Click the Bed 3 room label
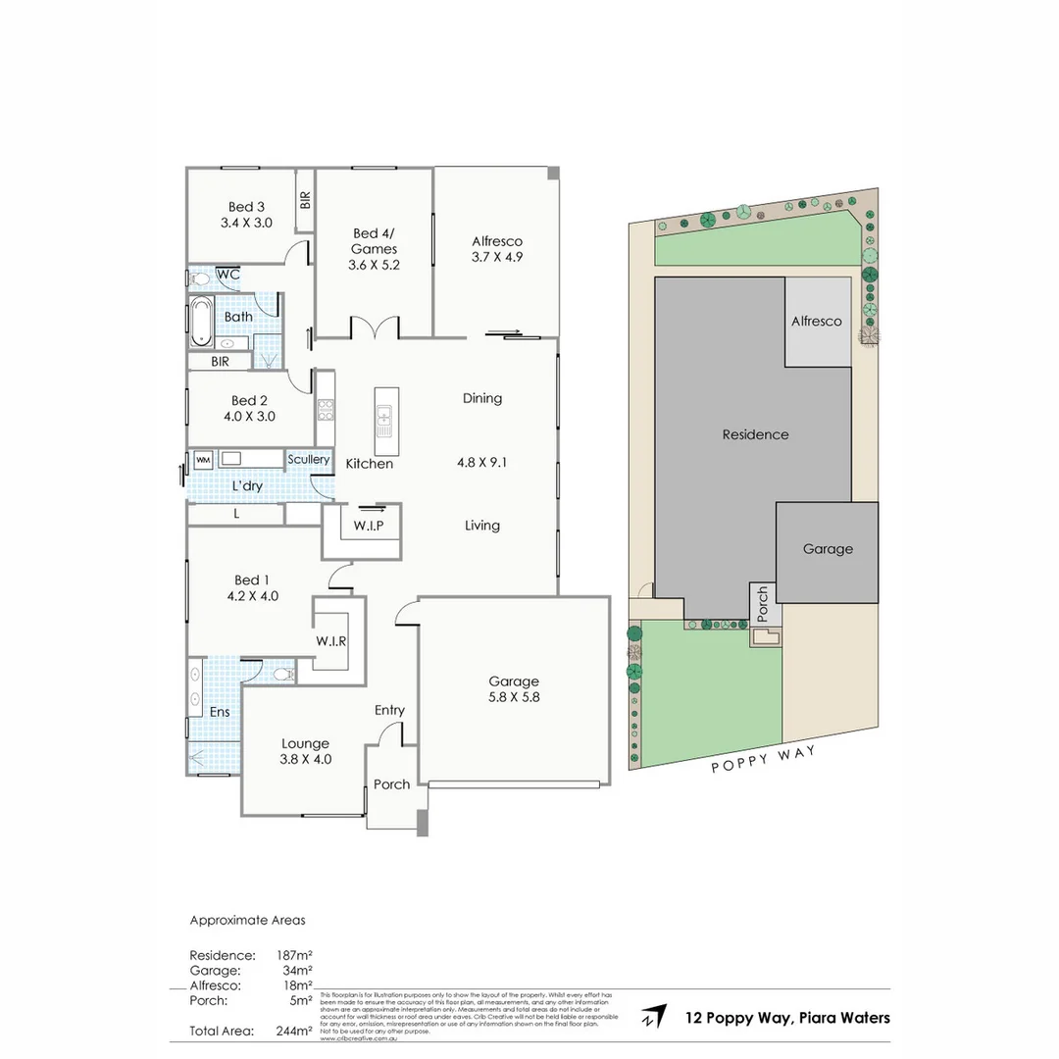(246, 207)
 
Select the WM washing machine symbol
(203, 459)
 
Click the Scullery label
(308, 459)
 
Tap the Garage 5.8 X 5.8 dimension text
(514, 698)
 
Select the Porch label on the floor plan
(391, 784)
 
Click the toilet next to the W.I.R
(282, 674)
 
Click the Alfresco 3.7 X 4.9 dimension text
(497, 259)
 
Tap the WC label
(227, 275)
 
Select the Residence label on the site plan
(754, 434)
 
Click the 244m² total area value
(295, 1031)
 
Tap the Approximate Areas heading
(246, 921)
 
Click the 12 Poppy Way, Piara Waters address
(787, 1018)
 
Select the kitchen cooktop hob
(326, 409)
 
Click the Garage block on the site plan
(827, 550)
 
